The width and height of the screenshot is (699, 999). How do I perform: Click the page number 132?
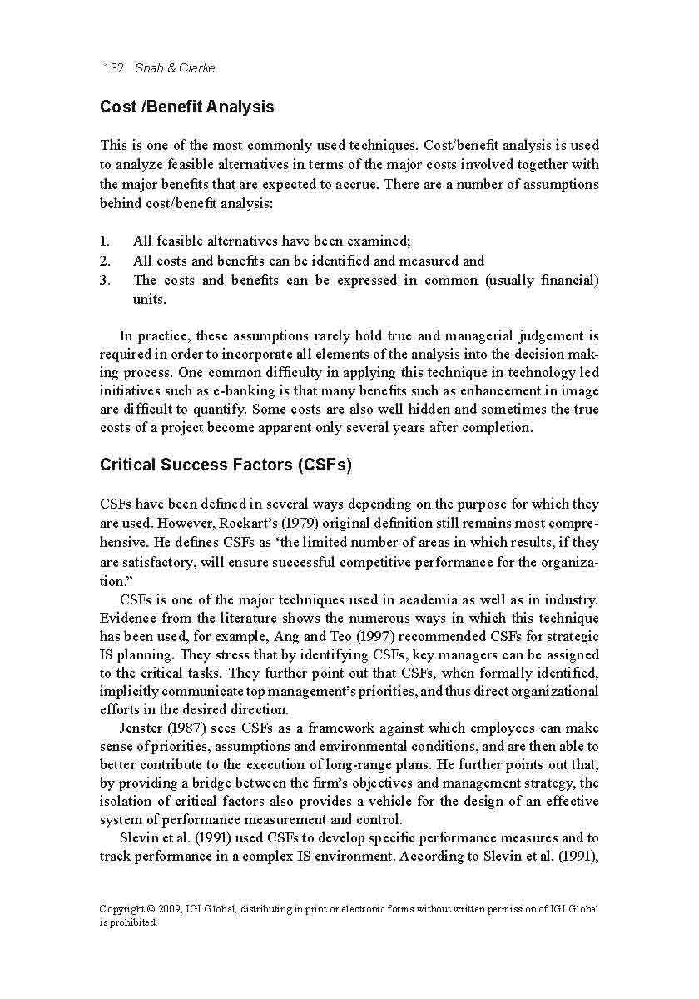point(113,68)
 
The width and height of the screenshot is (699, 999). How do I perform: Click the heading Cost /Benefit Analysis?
point(186,107)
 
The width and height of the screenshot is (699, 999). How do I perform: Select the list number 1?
point(105,241)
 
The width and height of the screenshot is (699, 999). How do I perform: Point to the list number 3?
point(105,281)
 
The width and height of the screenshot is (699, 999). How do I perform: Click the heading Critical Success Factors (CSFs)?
point(226,465)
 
